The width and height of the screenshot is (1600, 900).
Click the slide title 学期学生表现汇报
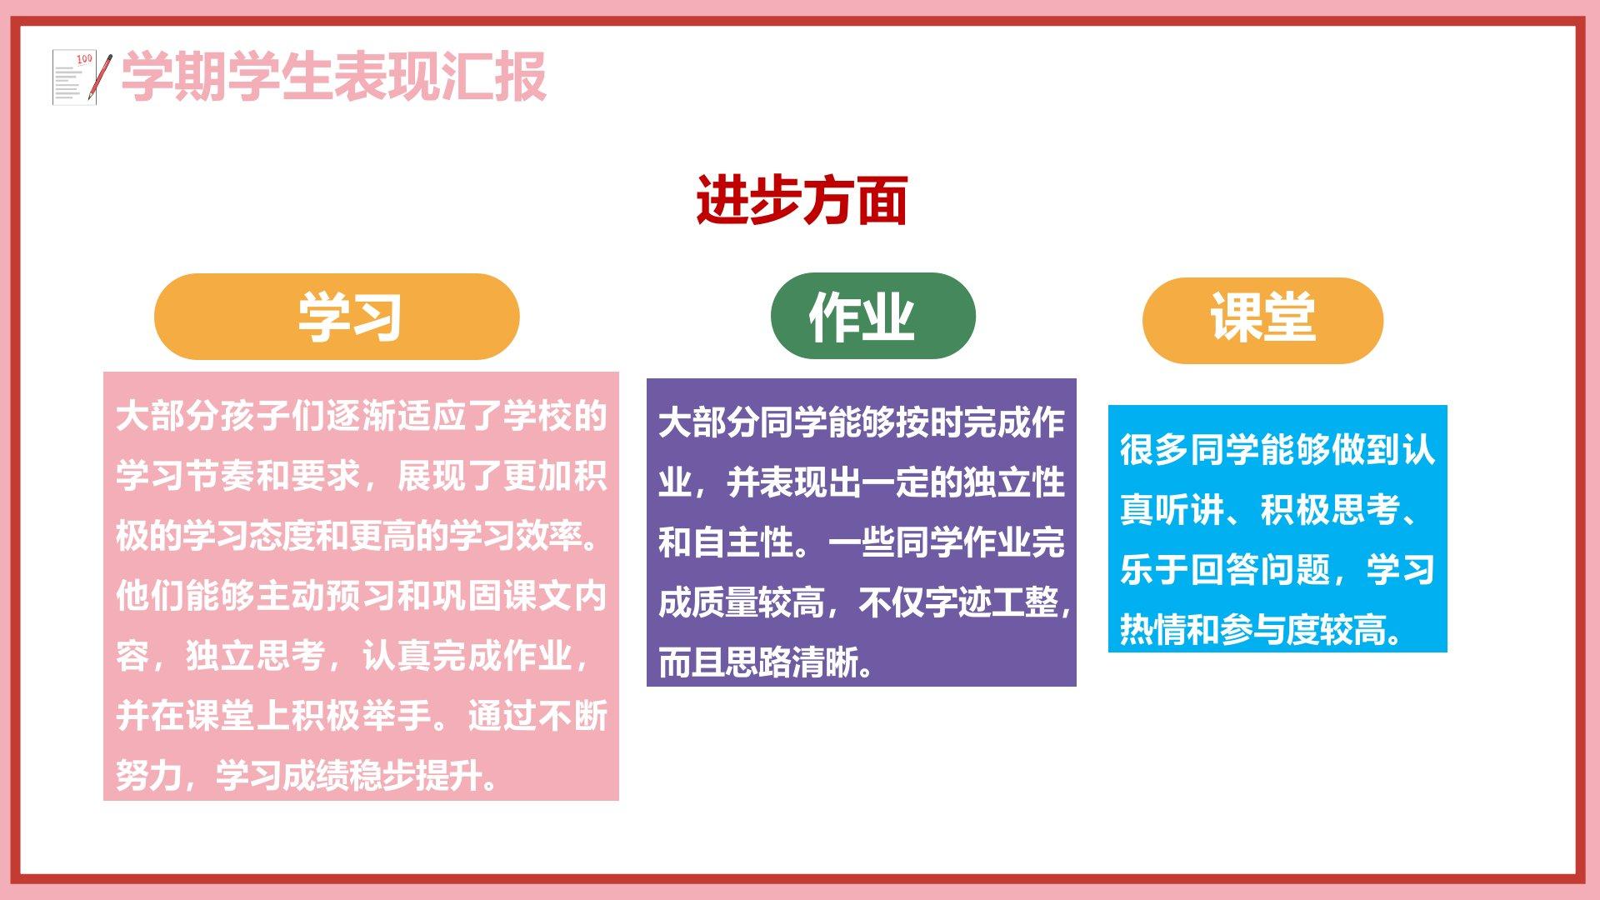pyautogui.click(x=333, y=77)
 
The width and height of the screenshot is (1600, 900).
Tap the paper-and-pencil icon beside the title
pyautogui.click(x=82, y=77)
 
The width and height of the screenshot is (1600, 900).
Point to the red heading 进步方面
pyautogui.click(x=802, y=200)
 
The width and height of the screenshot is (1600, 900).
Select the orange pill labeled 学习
pyautogui.click(x=337, y=317)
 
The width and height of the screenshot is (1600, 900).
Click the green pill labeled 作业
pyautogui.click(x=872, y=316)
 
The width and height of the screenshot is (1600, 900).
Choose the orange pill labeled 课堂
pyautogui.click(x=1262, y=320)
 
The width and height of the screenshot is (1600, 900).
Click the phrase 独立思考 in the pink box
pyautogui.click(x=256, y=656)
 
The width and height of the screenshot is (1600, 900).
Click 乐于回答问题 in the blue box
pyautogui.click(x=1225, y=570)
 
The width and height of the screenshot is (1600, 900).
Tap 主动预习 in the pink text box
pyautogui.click(x=326, y=596)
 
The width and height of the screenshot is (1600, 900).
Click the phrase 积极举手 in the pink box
pyautogui.click(x=362, y=716)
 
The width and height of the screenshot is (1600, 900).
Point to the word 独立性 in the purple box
pyautogui.click(x=1014, y=482)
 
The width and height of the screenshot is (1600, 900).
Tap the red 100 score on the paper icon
pyautogui.click(x=84, y=59)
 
